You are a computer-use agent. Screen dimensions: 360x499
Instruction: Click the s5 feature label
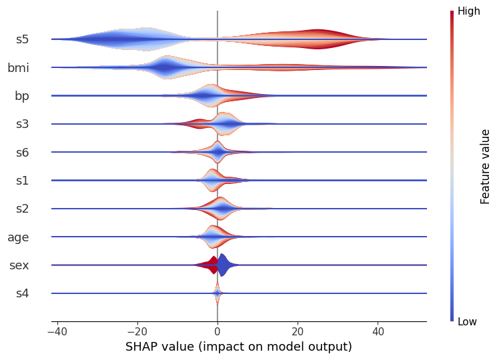22,39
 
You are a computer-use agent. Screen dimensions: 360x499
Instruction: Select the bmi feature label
18,67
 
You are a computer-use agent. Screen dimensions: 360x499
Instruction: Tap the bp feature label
21,95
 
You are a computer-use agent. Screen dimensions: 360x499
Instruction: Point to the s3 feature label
22,124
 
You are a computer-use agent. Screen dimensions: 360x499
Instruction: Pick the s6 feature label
22,152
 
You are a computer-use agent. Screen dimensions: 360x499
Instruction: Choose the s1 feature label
22,180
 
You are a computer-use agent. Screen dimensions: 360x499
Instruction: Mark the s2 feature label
22,209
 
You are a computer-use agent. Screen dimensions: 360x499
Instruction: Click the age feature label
18,237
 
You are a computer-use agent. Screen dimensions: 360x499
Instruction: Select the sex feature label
19,265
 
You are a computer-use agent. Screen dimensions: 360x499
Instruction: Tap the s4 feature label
22,293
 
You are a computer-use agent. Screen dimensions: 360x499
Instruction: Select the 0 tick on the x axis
217,331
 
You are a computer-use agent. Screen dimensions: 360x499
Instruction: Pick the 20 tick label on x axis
298,331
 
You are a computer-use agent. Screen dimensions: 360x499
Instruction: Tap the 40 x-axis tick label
378,331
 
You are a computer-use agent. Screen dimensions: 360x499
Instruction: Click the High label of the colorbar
468,11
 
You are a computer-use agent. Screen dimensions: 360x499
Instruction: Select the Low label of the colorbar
468,322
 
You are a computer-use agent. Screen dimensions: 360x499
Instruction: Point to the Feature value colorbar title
486,167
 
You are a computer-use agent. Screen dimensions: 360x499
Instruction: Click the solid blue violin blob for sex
225,265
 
